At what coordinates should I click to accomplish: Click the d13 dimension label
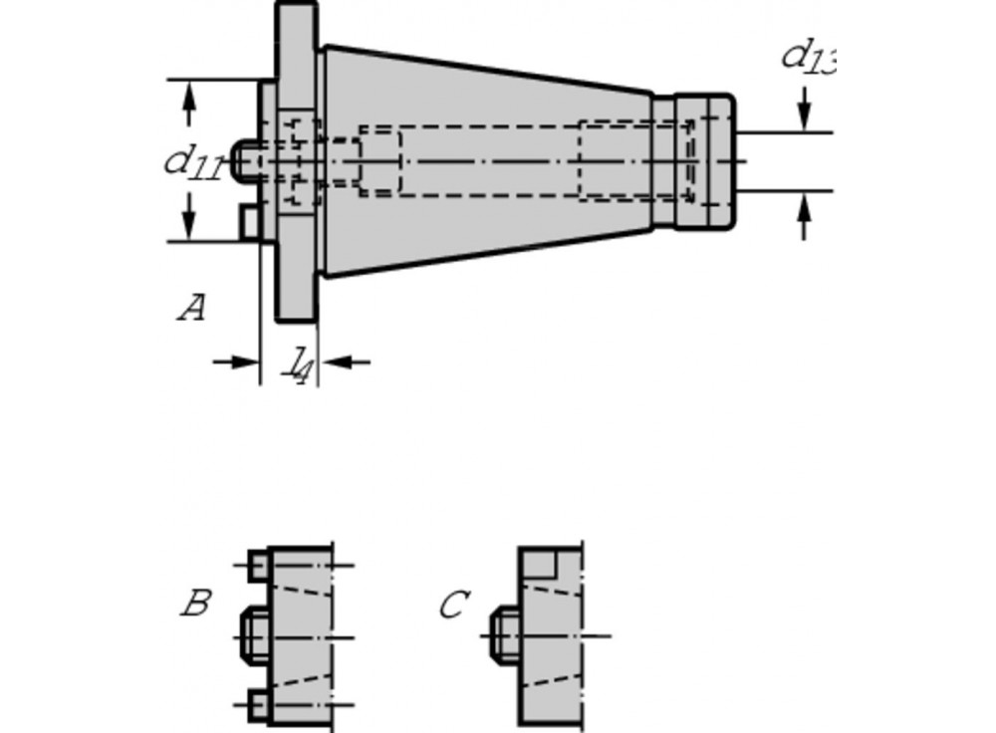808,57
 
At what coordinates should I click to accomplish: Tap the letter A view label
191,308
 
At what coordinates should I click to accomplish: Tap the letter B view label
195,604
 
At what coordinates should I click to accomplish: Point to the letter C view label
453,605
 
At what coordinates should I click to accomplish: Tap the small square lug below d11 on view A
249,222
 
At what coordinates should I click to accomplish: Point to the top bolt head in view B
259,566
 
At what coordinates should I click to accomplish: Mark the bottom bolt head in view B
259,704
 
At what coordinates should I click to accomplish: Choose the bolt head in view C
504,634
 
